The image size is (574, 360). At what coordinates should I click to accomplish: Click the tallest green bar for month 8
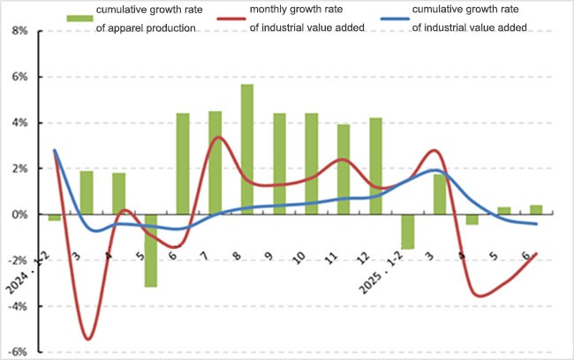(x=247, y=149)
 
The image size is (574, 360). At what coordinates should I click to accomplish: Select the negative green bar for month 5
(x=151, y=251)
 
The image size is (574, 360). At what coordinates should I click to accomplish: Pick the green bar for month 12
(x=375, y=166)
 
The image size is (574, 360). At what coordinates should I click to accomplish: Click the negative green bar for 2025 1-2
(x=407, y=231)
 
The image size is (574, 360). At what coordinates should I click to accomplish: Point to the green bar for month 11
(x=344, y=169)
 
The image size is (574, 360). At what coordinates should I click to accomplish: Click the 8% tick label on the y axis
(x=20, y=31)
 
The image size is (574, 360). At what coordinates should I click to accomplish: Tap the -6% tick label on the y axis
(x=19, y=352)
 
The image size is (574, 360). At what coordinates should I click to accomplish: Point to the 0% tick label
(x=20, y=214)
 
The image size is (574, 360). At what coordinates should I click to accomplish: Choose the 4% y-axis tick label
(x=20, y=123)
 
